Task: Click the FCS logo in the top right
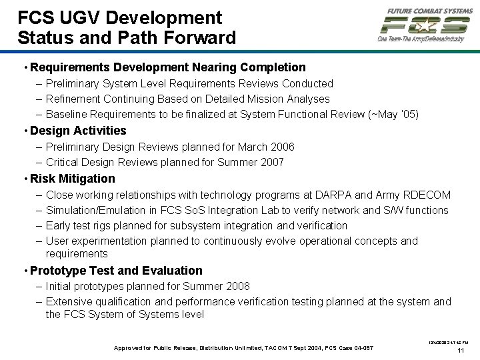pos(424,25)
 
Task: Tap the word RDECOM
pos(427,195)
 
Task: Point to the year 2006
pos(281,147)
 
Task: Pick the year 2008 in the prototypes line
pos(236,286)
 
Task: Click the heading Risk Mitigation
pos(73,179)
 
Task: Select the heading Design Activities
pos(78,131)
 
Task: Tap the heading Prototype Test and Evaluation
pos(116,271)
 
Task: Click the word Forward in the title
pos(201,38)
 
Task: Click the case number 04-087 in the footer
pos(361,348)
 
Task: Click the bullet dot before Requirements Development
pos(25,67)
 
